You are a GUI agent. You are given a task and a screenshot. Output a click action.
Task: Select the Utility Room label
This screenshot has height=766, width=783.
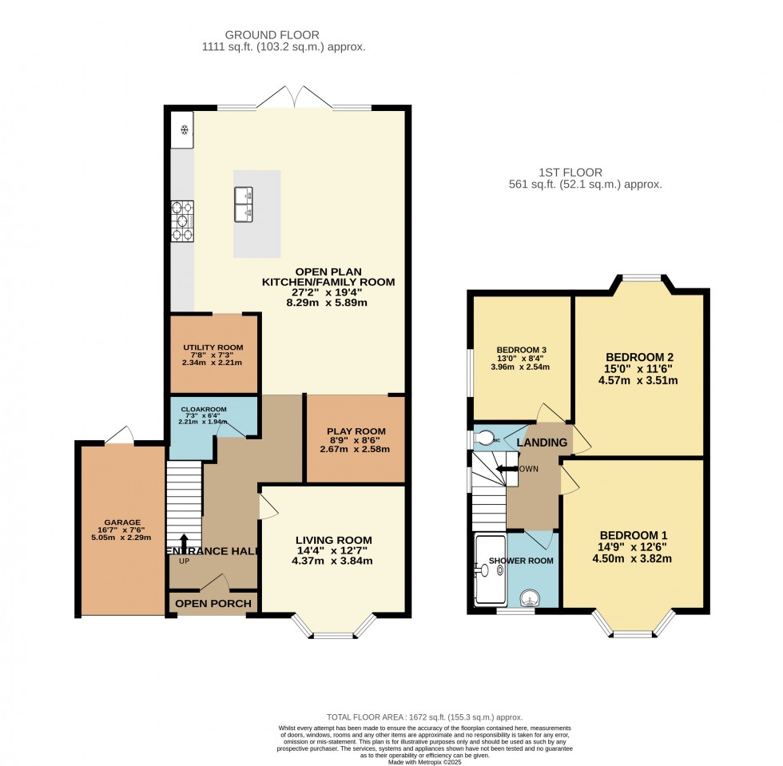(212, 346)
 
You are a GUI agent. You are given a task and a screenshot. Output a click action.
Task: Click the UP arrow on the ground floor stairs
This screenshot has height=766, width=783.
(184, 542)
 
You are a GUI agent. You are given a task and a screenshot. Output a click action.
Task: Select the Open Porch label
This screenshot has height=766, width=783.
(213, 603)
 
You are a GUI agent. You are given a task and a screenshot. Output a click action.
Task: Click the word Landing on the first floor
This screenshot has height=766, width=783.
(542, 443)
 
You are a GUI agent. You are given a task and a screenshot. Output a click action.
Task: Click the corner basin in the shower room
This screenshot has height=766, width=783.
(530, 597)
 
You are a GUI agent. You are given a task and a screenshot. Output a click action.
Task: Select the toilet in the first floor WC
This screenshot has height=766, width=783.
(486, 438)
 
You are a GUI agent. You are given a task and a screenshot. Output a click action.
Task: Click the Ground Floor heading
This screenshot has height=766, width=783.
(272, 34)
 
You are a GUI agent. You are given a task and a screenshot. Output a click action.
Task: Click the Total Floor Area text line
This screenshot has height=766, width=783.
(424, 717)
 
